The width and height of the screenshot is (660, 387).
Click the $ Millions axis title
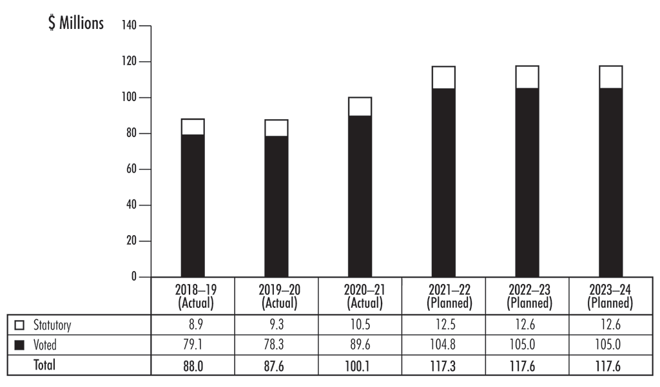[x=76, y=24]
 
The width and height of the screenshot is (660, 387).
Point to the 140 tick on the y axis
[x=130, y=26]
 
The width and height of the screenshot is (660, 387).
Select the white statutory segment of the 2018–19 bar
[x=193, y=127]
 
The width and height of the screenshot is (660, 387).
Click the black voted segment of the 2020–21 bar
[x=360, y=196]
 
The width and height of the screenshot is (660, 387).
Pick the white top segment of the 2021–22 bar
[x=443, y=77]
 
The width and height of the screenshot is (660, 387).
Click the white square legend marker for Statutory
[x=19, y=326]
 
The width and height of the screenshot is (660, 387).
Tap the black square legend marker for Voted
[x=19, y=346]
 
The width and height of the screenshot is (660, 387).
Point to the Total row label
[x=44, y=365]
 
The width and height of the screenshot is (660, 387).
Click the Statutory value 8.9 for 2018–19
[x=193, y=326]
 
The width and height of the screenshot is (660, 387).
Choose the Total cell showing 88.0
[x=193, y=365]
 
